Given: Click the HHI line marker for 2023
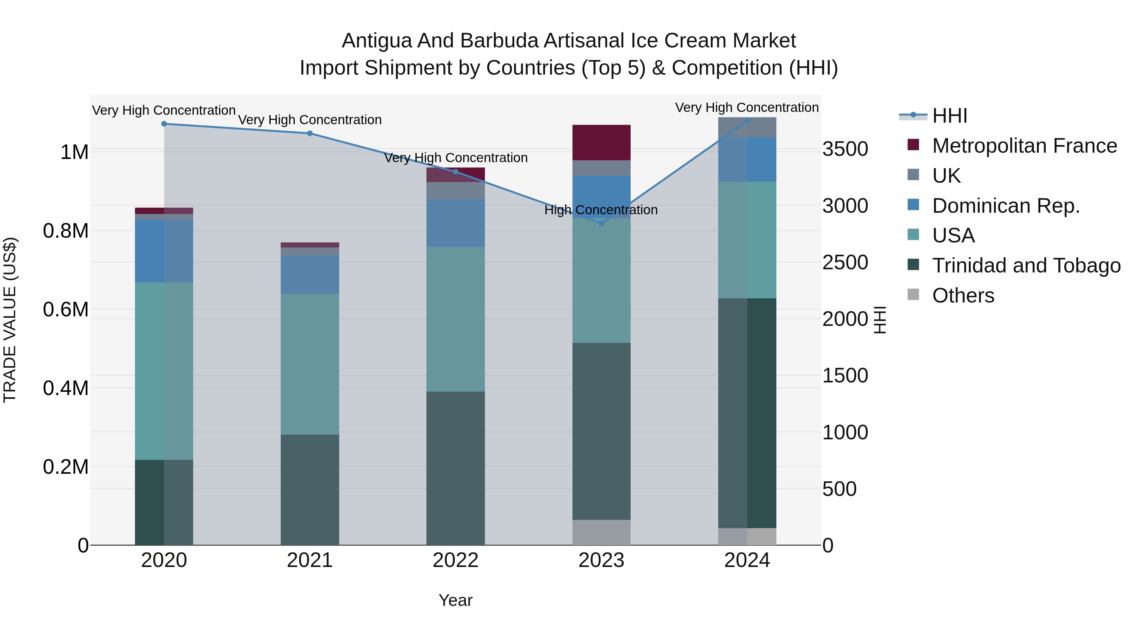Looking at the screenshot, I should pos(601,223).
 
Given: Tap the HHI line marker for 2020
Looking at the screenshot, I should pos(164,124).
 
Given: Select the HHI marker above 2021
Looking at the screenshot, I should pos(310,133).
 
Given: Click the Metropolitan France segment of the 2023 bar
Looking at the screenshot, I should pos(601,142).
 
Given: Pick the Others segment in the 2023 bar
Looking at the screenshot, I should pos(601,532).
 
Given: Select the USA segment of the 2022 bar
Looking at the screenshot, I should pos(456,319).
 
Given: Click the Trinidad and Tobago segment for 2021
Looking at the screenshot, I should pos(310,489).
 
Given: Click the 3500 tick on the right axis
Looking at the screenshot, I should pos(845,149).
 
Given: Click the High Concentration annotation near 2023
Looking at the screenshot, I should pos(601,210).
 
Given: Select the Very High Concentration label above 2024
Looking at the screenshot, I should pos(747,107).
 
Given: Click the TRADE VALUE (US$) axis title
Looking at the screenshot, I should pos(10,320).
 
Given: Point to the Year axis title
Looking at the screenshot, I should pos(456,600).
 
